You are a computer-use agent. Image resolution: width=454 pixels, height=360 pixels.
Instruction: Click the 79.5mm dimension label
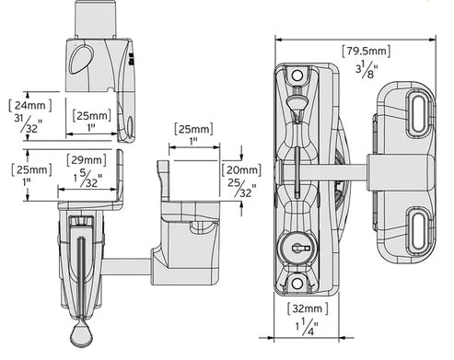click(x=367, y=51)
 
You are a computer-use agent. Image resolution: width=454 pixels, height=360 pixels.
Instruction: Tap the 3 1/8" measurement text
click(x=367, y=70)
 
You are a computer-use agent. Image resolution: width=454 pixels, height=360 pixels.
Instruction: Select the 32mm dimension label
click(x=308, y=308)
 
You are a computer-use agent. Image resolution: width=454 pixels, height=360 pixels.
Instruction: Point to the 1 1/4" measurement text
click(x=308, y=327)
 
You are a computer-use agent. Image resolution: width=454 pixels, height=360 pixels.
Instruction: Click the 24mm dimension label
click(x=30, y=105)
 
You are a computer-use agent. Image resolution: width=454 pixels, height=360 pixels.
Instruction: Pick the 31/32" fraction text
click(x=28, y=123)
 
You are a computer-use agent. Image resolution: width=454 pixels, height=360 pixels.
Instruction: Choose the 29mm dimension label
click(x=87, y=160)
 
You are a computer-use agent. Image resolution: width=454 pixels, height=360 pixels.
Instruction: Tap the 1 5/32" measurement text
click(x=87, y=179)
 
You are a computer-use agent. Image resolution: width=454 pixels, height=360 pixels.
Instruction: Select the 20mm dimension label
click(x=242, y=169)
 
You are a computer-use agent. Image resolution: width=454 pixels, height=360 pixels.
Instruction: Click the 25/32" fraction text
click(x=242, y=188)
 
